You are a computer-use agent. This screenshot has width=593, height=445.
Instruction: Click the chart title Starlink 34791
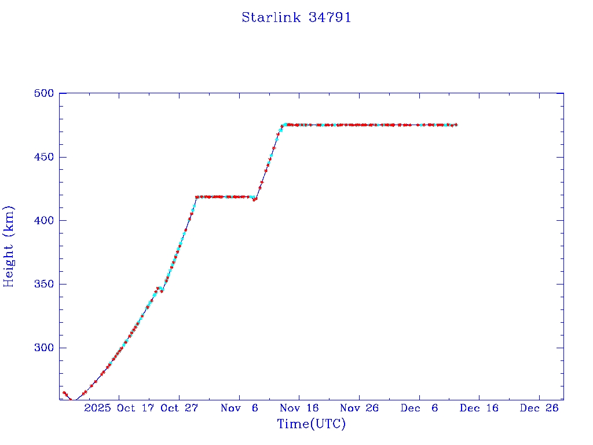tap(296, 17)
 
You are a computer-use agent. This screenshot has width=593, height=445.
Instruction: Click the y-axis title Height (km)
tap(9, 246)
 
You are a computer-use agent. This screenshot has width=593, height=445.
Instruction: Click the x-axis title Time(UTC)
tap(311, 424)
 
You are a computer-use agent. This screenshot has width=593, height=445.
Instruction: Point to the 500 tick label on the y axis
tap(44, 93)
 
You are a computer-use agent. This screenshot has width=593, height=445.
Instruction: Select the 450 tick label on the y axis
tap(44, 157)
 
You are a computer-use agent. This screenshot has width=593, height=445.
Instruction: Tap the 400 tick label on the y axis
tap(44, 221)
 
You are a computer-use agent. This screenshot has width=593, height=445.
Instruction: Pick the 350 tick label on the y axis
tap(44, 284)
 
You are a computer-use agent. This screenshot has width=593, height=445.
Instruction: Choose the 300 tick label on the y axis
tap(44, 348)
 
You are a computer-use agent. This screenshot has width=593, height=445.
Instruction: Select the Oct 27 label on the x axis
tap(180, 408)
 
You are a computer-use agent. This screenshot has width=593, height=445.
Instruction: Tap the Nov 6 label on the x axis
tap(240, 408)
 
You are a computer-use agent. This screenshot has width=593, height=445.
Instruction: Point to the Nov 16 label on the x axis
tap(299, 408)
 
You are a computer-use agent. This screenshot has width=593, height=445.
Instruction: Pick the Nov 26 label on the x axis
tap(360, 408)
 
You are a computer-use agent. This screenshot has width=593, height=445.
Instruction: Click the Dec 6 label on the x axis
tap(419, 408)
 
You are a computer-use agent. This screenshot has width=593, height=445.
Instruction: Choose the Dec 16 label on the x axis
tap(479, 408)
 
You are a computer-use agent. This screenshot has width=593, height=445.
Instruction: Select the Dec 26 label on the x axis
tap(539, 408)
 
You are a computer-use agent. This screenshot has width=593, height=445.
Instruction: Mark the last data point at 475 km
tap(456, 125)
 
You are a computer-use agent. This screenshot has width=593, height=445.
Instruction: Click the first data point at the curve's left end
tap(64, 393)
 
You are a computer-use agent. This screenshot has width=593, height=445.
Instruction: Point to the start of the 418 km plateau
tap(196, 197)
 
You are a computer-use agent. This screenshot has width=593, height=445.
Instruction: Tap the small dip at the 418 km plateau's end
tap(254, 200)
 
